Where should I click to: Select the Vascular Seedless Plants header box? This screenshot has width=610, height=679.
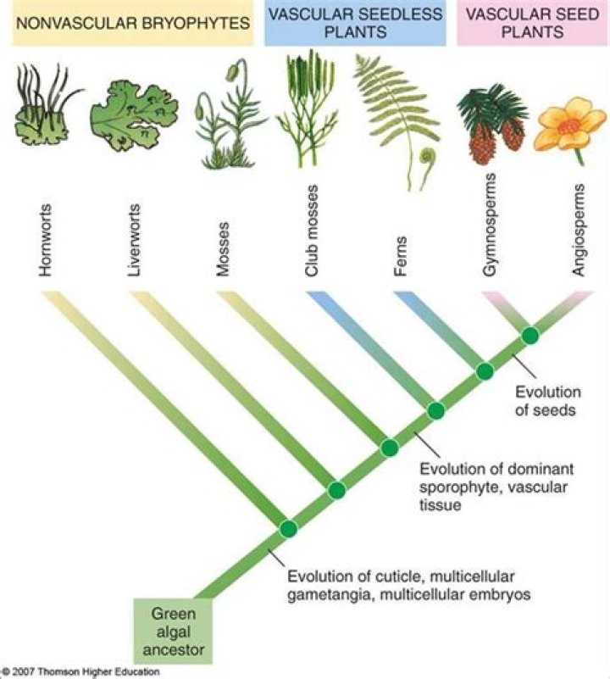[x=355, y=23]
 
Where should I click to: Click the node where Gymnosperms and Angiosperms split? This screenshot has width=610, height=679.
[x=530, y=336]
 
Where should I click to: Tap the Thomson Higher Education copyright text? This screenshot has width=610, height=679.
[x=80, y=671]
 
